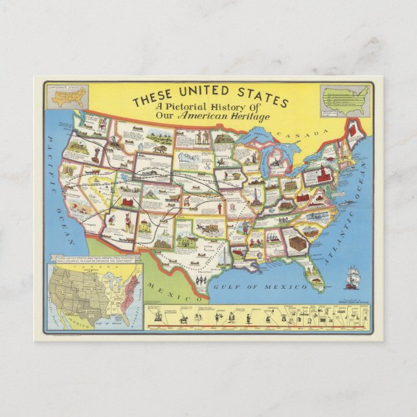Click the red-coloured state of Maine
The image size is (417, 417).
click(x=354, y=130)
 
